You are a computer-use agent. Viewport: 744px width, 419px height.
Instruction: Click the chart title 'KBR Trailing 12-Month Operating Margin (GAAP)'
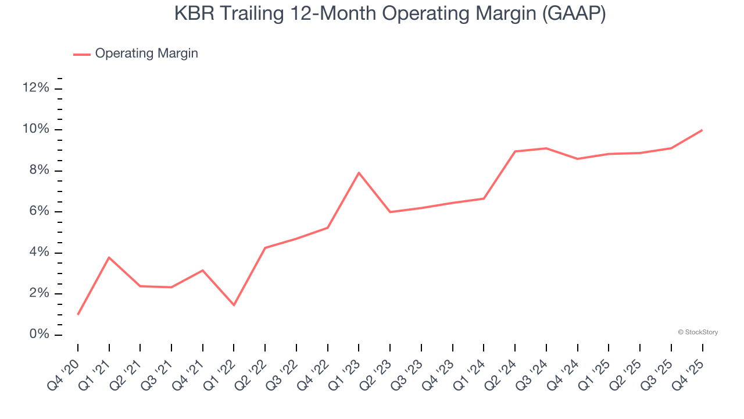390,14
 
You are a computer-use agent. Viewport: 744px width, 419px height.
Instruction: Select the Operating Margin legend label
146,54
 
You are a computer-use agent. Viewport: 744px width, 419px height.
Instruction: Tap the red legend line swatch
82,54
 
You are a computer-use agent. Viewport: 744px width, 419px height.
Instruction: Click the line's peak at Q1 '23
359,172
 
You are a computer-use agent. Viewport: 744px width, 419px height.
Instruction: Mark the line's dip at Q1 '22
234,305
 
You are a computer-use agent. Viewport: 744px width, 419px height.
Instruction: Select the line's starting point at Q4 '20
78,314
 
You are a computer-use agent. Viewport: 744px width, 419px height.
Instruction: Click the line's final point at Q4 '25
702,130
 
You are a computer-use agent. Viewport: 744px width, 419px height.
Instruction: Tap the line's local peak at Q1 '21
109,257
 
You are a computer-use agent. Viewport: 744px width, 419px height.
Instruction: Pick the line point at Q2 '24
515,151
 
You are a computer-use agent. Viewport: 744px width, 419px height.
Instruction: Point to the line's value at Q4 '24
577,159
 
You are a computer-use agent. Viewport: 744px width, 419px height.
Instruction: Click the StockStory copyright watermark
697,332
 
